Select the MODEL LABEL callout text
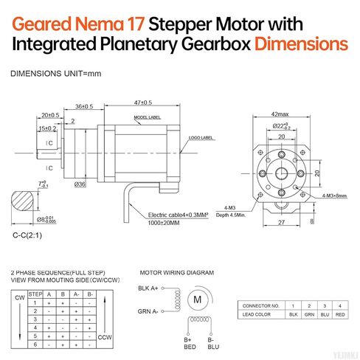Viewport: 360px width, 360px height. pyautogui.click(x=148, y=118)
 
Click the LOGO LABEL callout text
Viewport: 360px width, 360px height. pyautogui.click(x=201, y=137)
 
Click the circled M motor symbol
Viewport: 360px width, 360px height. pyautogui.click(x=198, y=300)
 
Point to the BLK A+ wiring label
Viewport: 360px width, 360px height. pyautogui.click(x=150, y=288)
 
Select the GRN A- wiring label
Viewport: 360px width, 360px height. pyautogui.click(x=150, y=311)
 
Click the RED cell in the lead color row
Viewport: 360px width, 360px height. pyautogui.click(x=339, y=315)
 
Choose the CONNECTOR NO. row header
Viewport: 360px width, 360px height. pyautogui.click(x=261, y=305)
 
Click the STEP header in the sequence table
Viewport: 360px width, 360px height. pyautogui.click(x=35, y=294)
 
